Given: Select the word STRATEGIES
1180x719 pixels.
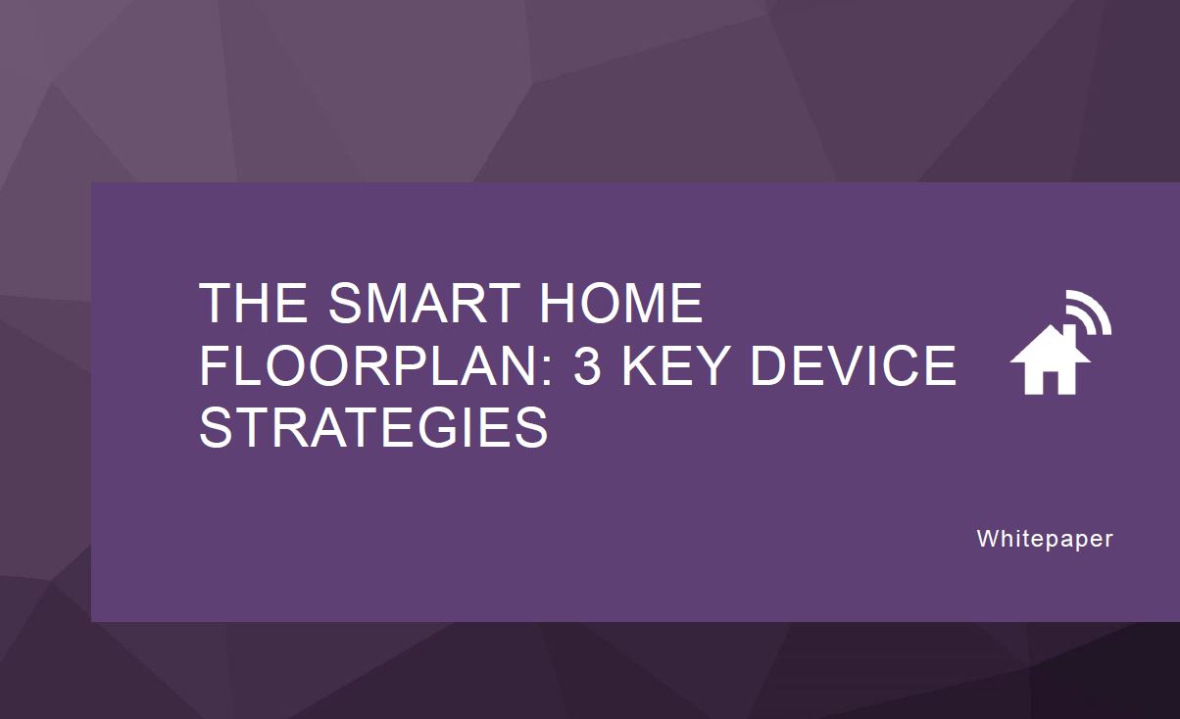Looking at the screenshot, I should [x=373, y=427].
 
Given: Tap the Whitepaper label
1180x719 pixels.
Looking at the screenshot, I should [x=1045, y=539].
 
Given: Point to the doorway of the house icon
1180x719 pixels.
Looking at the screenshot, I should [x=1050, y=383].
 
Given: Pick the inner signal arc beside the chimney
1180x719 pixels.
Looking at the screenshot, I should [x=1085, y=319].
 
